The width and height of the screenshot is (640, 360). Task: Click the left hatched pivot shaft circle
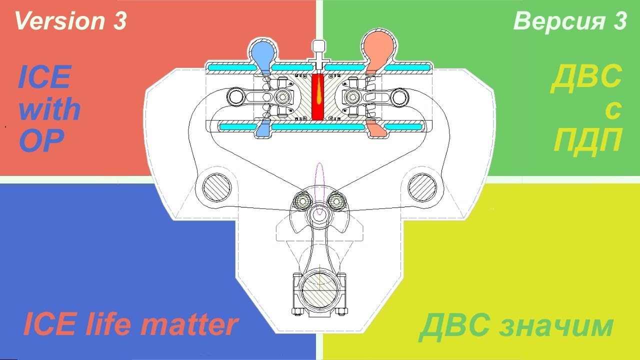coord(216,188)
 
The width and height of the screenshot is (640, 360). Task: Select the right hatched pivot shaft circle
coord(422,188)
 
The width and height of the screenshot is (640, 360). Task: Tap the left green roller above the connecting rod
coord(302,200)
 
